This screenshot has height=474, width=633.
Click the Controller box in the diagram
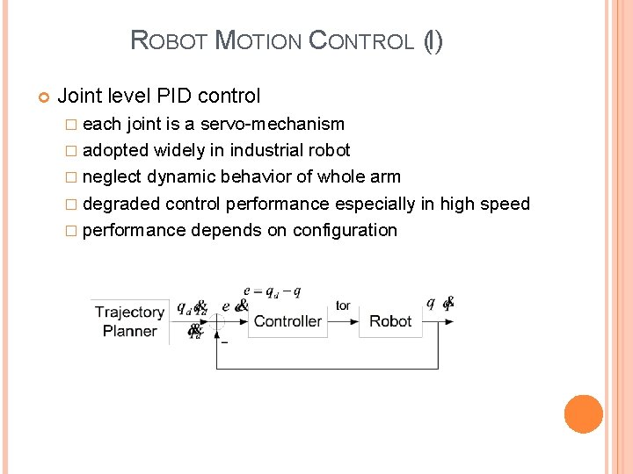pos(287,321)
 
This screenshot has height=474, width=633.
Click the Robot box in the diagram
pos(390,321)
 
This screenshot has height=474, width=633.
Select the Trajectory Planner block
pos(129,321)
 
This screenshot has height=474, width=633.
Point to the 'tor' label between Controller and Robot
pos(343,305)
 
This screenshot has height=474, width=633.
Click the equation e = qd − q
pos(272,291)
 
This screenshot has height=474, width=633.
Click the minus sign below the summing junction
pos(224,341)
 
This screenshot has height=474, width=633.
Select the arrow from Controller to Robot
pos(343,321)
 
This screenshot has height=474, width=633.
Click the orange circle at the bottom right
pos(583,414)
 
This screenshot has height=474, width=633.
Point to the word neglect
pos(112,176)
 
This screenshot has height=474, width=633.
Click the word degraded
pos(121,204)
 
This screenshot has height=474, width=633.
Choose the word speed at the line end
pos(506,204)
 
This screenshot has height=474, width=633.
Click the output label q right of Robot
pos(431,304)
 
